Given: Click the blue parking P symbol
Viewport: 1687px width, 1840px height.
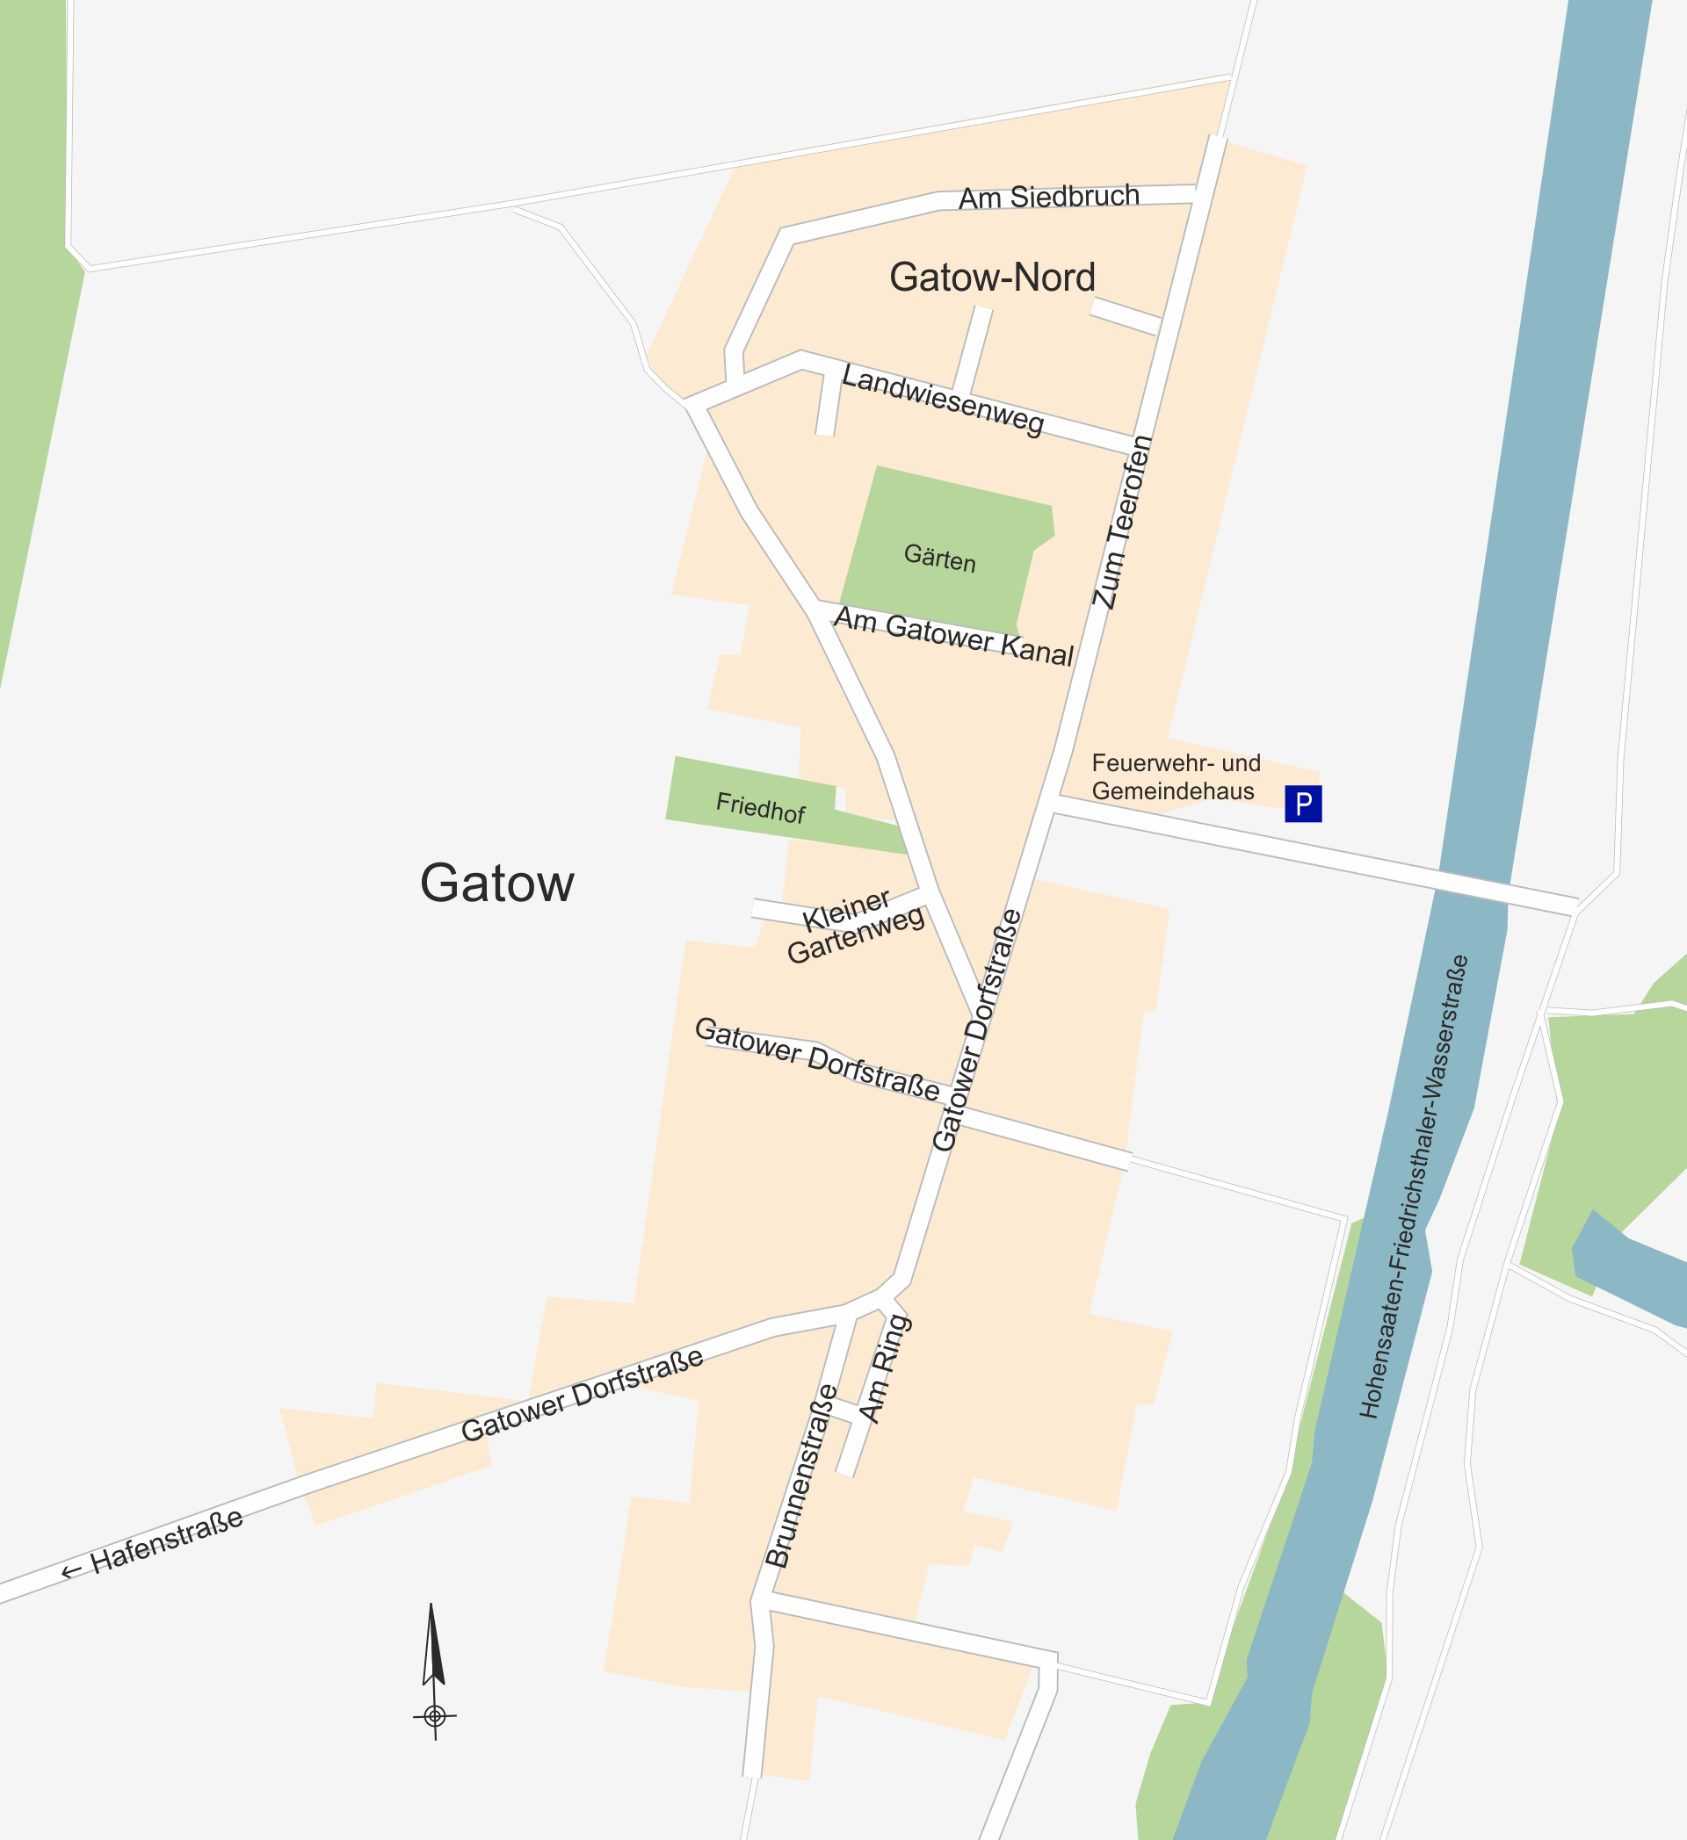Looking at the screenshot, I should pos(1303,803).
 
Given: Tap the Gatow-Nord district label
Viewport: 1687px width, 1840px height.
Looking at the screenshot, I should pos(991,277).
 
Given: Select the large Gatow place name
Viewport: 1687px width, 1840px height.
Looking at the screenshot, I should pos(496,883).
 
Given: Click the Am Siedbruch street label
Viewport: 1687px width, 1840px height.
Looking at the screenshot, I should pos(1049,197).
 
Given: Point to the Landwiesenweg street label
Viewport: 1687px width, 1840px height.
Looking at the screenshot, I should pos(942,400).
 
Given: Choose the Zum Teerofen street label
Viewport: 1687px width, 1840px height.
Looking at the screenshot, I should pos(1122,522).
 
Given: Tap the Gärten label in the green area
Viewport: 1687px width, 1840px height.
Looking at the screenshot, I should pos(939,558).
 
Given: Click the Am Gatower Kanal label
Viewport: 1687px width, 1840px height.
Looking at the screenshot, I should pos(953,635).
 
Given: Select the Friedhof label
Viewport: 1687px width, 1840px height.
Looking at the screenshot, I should pos(760,808).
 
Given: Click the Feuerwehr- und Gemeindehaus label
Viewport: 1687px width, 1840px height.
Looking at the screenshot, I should pos(1175,776).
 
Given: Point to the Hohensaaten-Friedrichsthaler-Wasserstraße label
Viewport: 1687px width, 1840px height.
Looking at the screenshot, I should pos(1413,1186).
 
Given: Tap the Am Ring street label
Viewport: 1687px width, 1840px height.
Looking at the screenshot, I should pos(885,1368).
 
